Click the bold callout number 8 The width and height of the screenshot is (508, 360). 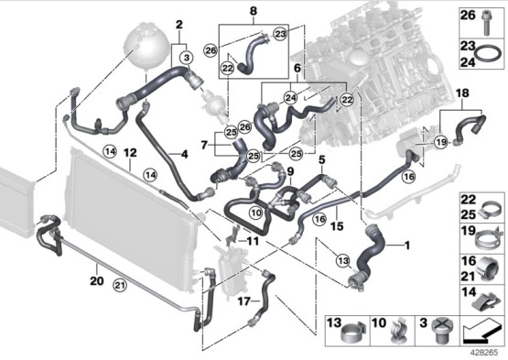[254, 11]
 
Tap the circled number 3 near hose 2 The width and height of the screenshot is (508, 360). [187, 58]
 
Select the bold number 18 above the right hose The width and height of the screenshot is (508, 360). [462, 93]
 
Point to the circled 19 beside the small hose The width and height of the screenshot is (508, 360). [441, 142]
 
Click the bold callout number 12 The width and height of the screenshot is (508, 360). [130, 152]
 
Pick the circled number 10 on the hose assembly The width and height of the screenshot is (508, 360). [256, 213]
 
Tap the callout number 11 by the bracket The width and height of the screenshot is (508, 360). [253, 241]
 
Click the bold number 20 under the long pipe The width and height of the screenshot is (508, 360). [96, 280]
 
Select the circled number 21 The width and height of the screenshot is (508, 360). [120, 286]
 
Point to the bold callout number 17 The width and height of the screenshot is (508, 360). [244, 301]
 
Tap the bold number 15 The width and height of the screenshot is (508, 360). [337, 226]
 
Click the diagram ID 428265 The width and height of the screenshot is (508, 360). [484, 353]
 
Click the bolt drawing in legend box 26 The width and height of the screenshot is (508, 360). [486, 23]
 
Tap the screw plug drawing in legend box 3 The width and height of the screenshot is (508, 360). [443, 332]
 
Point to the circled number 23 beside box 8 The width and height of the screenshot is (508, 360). [280, 34]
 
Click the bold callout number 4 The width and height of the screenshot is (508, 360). [184, 155]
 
